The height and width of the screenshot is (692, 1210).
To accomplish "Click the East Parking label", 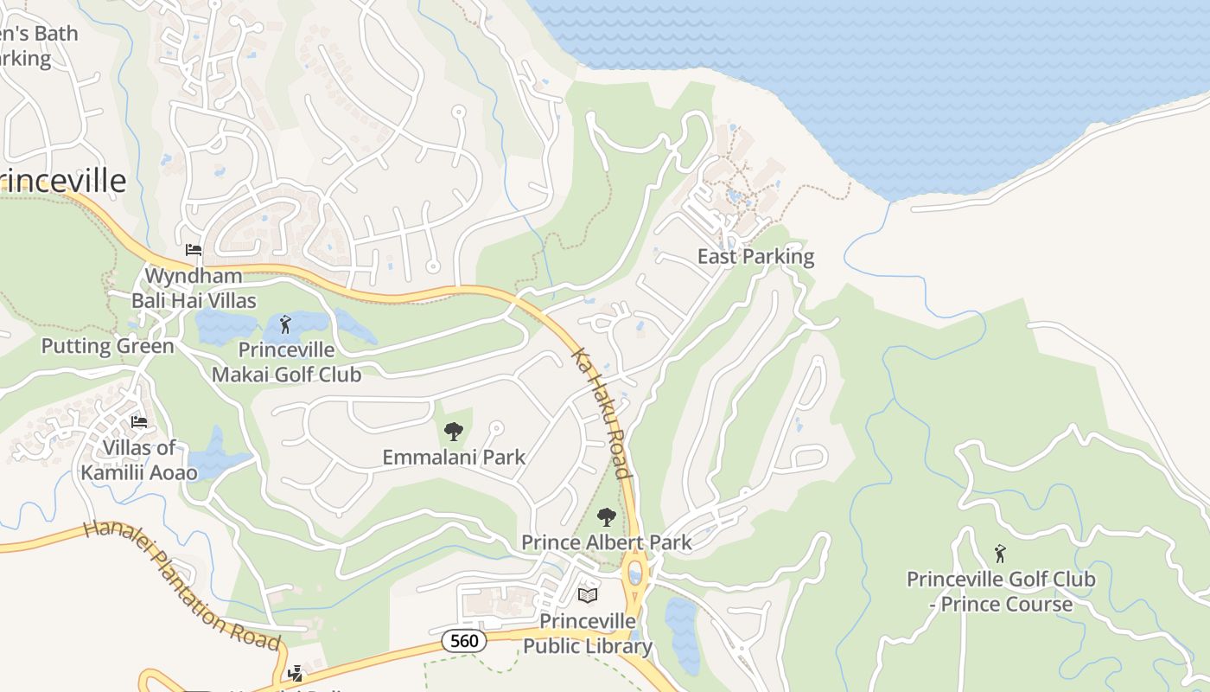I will [x=755, y=257].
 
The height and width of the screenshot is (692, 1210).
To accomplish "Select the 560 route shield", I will [x=464, y=641].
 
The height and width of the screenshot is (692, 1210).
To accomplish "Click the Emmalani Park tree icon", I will [x=453, y=432].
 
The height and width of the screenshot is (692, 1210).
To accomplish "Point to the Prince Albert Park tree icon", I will [x=607, y=517].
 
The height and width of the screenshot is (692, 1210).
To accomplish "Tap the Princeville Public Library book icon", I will [x=588, y=596].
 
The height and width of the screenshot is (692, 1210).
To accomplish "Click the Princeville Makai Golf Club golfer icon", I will [x=286, y=325].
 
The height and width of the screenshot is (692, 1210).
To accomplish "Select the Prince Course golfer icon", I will [x=1000, y=554].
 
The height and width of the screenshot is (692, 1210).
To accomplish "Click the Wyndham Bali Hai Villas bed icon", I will [x=194, y=250].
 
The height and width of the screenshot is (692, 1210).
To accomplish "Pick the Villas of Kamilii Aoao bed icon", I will [x=139, y=422].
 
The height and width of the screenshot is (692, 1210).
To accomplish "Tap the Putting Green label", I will [x=108, y=347].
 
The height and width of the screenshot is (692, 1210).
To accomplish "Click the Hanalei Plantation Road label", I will [x=182, y=586].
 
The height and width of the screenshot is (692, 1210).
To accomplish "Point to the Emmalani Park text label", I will [x=454, y=457].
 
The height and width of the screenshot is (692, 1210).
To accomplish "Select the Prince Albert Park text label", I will [x=607, y=542].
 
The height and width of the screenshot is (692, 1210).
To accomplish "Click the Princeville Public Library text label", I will [x=588, y=634].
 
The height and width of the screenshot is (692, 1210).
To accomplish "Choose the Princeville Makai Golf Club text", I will [x=286, y=362].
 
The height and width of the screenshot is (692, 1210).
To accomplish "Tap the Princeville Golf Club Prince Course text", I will [x=1000, y=592].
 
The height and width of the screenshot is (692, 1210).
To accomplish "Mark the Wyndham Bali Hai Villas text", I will [x=194, y=288].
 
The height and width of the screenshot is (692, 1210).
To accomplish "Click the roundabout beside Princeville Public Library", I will [x=635, y=573].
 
